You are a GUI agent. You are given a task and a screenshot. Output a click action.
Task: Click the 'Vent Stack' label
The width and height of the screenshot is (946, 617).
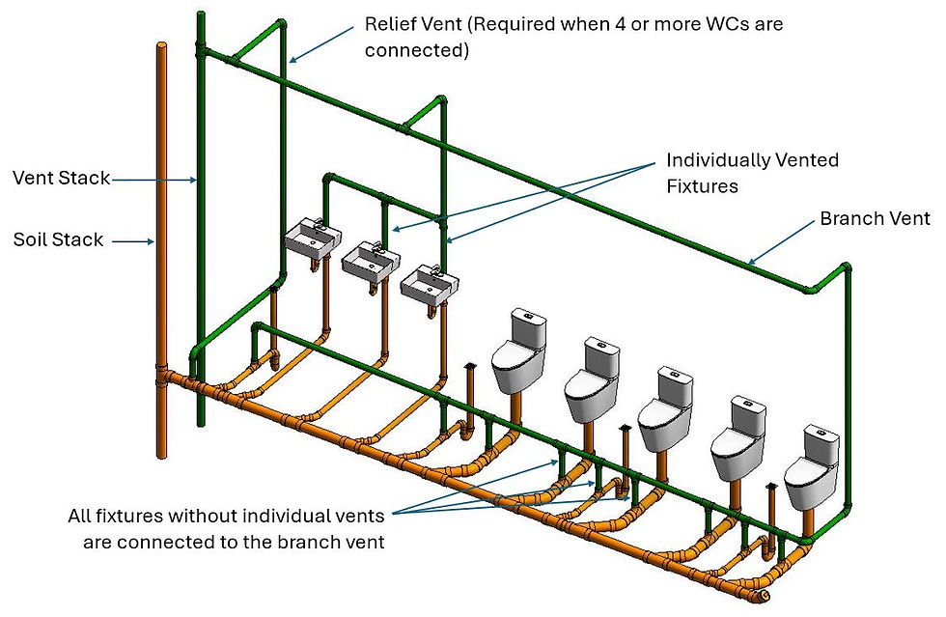(x=61, y=178)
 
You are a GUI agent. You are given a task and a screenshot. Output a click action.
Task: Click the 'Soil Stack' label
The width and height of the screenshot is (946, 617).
(x=58, y=239)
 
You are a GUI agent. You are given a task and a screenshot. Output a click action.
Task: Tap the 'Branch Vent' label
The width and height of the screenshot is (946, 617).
(x=875, y=219)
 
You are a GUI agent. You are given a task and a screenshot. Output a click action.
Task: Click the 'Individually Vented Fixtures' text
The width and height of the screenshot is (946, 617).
(x=752, y=172)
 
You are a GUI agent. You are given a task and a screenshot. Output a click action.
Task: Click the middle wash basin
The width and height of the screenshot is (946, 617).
(x=369, y=260)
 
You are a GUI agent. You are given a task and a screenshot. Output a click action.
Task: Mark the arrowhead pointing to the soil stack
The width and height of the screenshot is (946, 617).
(x=153, y=241)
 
